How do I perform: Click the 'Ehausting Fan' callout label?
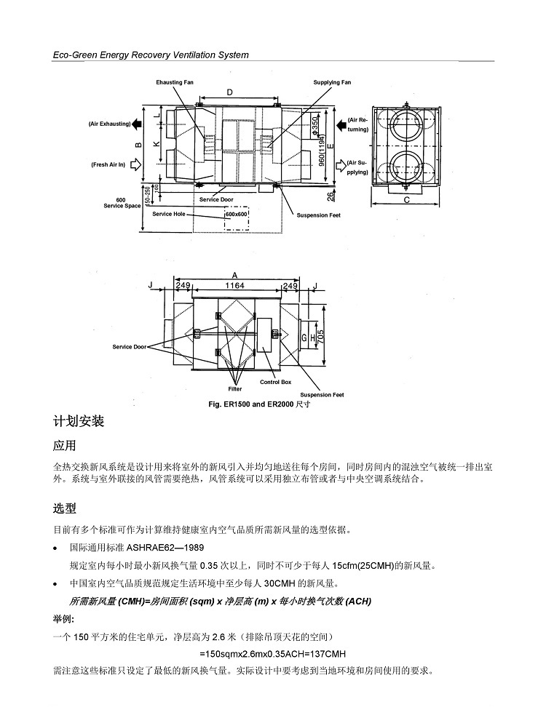coord(175,82)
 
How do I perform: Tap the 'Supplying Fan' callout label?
coord(332,82)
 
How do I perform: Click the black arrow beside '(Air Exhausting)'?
coord(137,124)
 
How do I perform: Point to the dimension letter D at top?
coord(229,92)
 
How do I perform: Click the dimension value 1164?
coord(234,285)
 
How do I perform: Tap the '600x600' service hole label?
coord(237,214)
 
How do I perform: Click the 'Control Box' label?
coord(276,382)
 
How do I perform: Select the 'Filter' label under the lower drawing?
coord(234,388)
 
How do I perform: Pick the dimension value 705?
coord(321,336)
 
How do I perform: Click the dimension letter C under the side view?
coord(406,200)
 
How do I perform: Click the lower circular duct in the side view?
coord(405,168)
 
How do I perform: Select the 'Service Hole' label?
coord(168,214)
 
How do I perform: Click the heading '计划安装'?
coord(79,421)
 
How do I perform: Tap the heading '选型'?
coord(65,508)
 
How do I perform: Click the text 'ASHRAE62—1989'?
coord(165,548)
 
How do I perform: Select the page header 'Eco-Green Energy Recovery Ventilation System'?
coord(151,55)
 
